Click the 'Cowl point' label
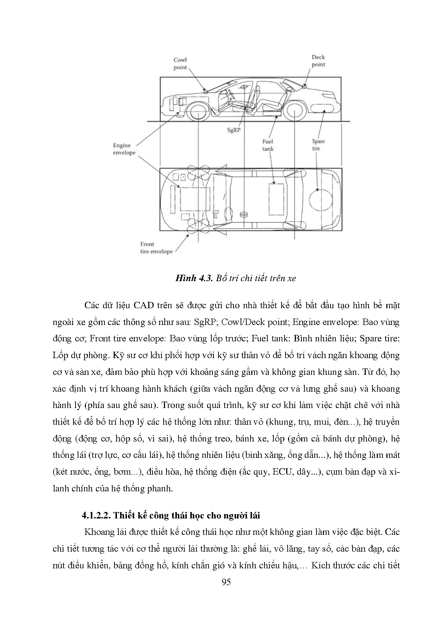coord(180,64)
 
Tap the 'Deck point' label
coord(318,61)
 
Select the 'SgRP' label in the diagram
coord(234,130)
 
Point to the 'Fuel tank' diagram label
coord(268,145)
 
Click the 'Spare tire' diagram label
coord(318,145)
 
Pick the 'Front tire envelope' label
coord(156,248)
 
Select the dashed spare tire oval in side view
coord(322,108)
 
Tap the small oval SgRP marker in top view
coord(244,214)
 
